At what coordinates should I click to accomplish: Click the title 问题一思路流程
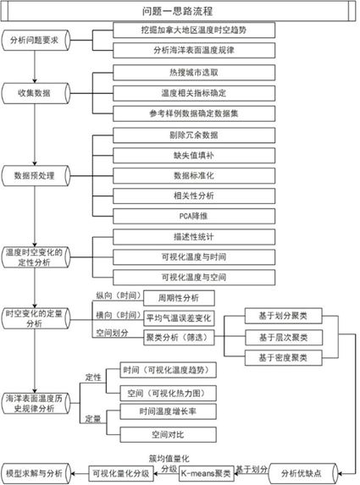tap(178, 11)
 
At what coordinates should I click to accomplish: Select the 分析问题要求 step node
tap(36, 41)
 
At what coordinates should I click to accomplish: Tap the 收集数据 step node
tap(36, 93)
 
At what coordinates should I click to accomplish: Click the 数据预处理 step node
tap(36, 176)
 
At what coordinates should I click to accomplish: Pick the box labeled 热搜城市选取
tap(194, 73)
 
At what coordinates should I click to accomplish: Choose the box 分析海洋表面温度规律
tap(194, 50)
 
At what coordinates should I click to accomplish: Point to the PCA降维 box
tap(194, 216)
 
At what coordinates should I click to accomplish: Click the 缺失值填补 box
tap(194, 155)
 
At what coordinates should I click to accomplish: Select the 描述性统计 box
tap(194, 237)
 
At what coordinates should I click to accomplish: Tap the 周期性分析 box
tap(179, 298)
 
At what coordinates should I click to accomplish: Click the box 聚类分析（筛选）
tap(179, 337)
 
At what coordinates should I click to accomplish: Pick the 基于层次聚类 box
tap(284, 337)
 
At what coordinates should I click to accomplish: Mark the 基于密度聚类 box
tap(284, 358)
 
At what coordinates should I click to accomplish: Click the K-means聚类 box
tap(206, 473)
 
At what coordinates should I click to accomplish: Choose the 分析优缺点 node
tap(303, 473)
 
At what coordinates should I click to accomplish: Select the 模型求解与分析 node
tap(36, 473)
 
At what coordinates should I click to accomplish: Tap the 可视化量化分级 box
tap(121, 473)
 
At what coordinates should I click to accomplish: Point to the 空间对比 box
tap(168, 434)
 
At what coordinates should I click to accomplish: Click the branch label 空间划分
tap(112, 333)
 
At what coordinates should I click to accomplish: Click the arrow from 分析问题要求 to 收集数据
tap(35, 67)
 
